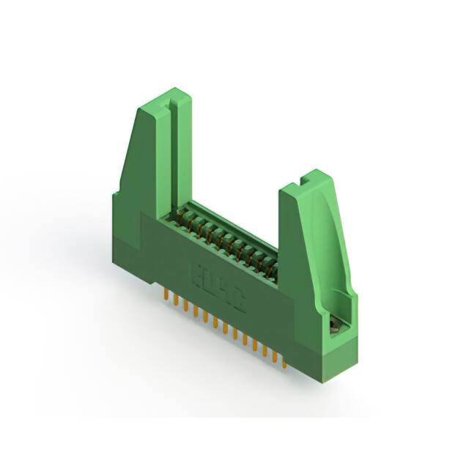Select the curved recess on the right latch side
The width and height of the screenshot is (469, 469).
click(330, 249)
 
